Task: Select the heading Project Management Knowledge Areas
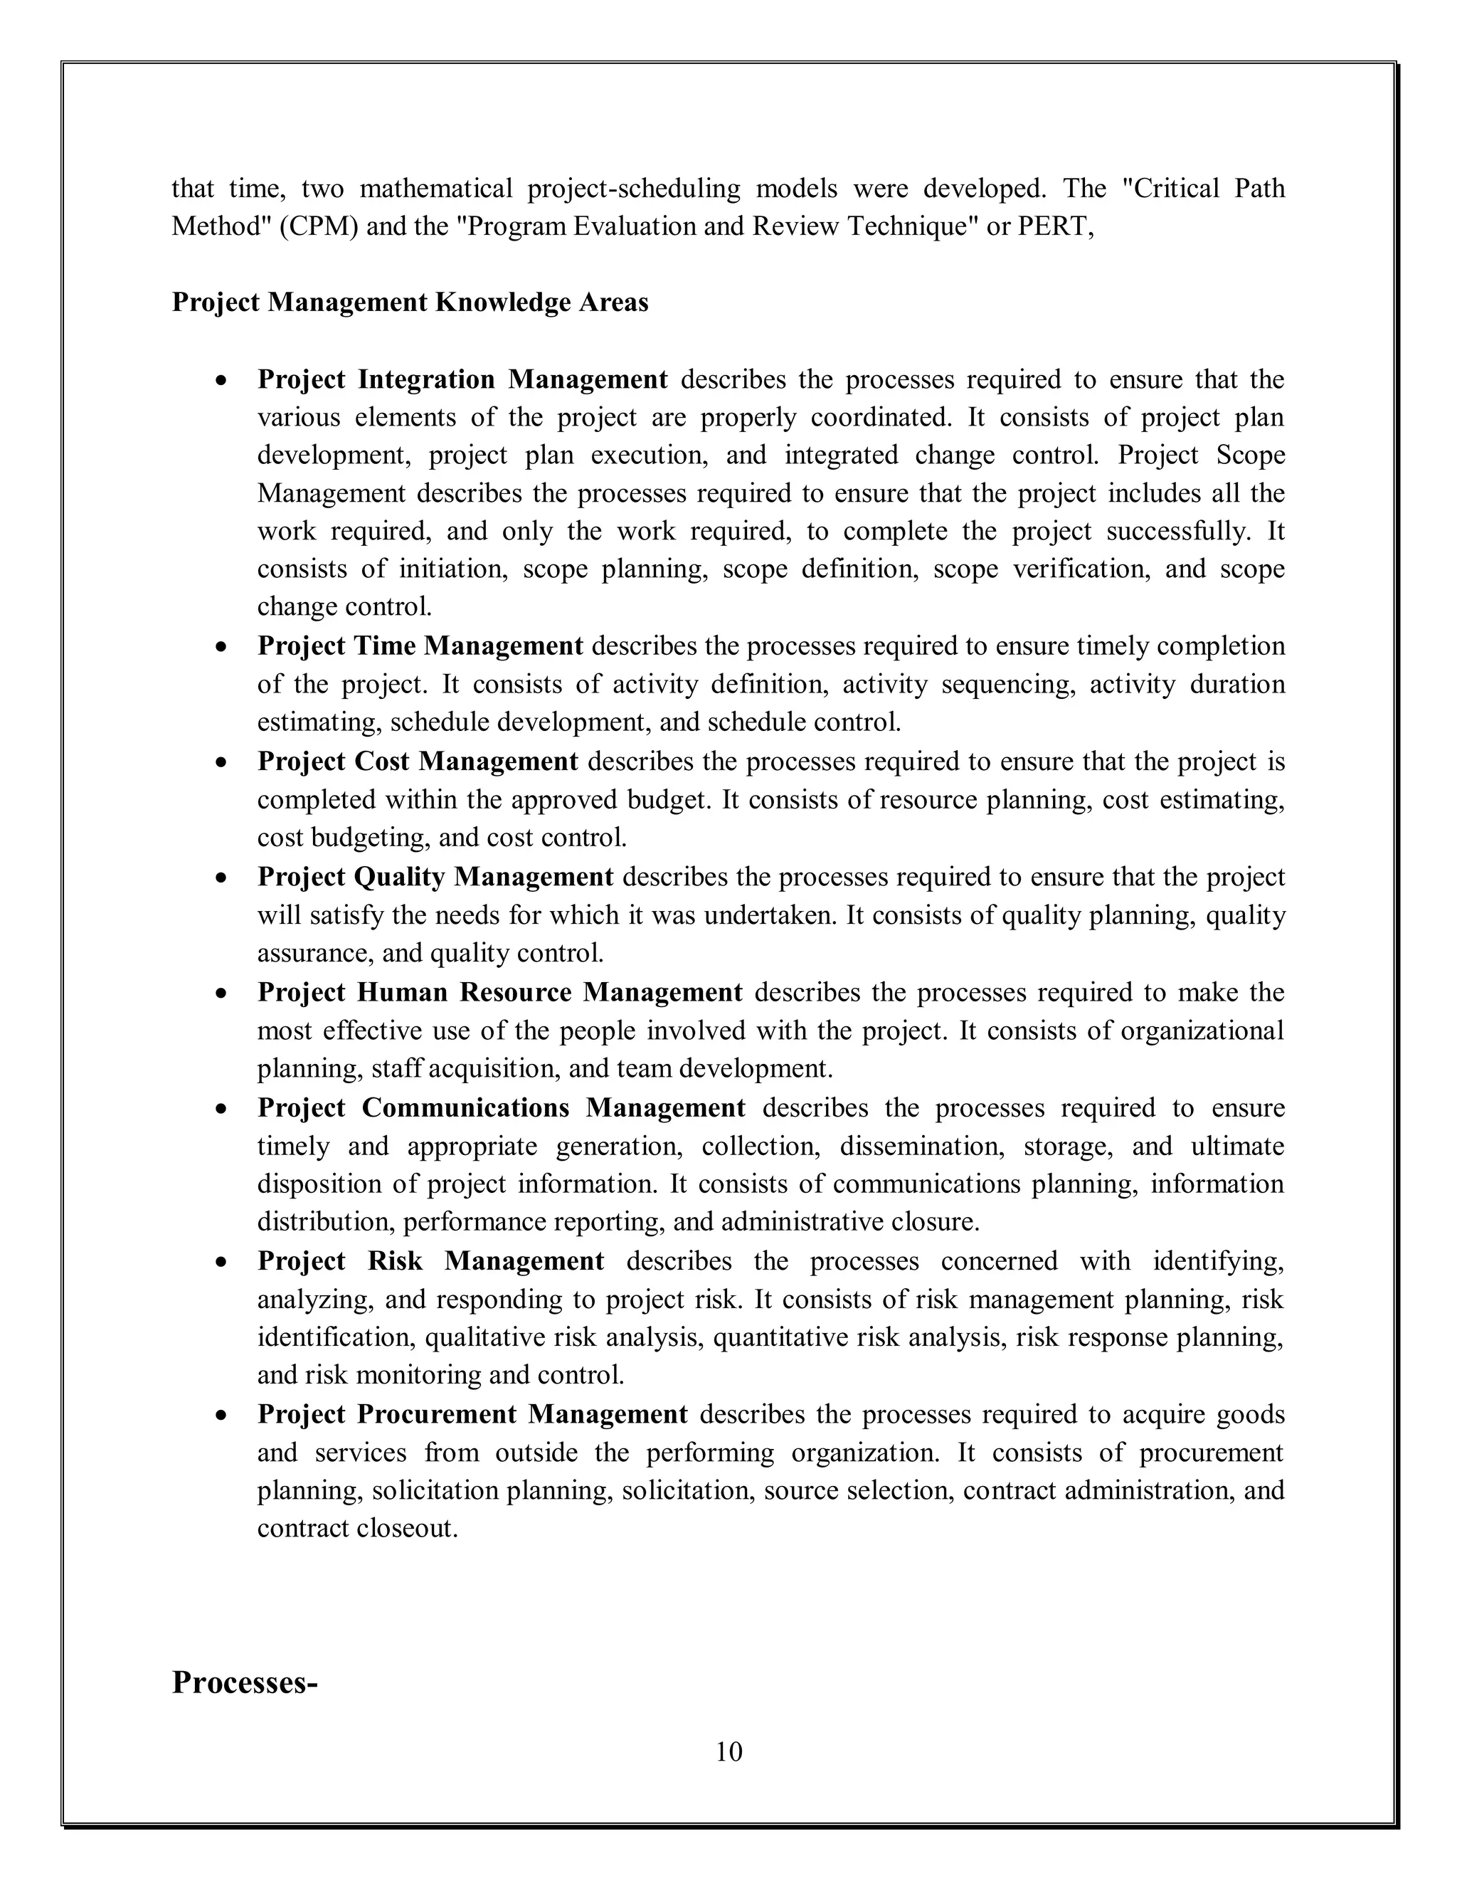pos(410,302)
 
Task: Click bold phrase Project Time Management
pos(420,646)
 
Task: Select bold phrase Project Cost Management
pos(418,762)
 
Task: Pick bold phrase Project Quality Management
pos(435,877)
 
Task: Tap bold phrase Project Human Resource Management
pos(499,992)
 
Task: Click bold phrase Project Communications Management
pos(501,1108)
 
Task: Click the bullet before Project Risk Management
pos(223,1263)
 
